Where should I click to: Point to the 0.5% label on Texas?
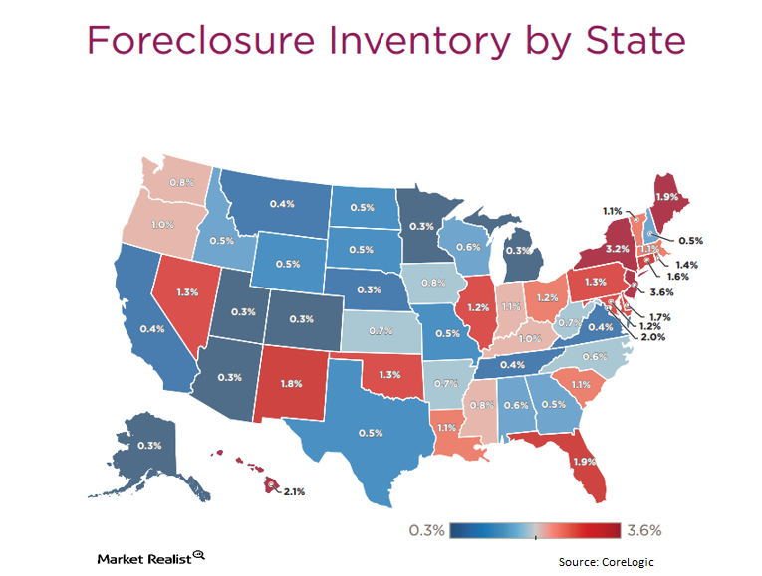(371, 433)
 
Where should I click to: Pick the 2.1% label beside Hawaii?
(296, 491)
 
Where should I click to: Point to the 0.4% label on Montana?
(281, 205)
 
